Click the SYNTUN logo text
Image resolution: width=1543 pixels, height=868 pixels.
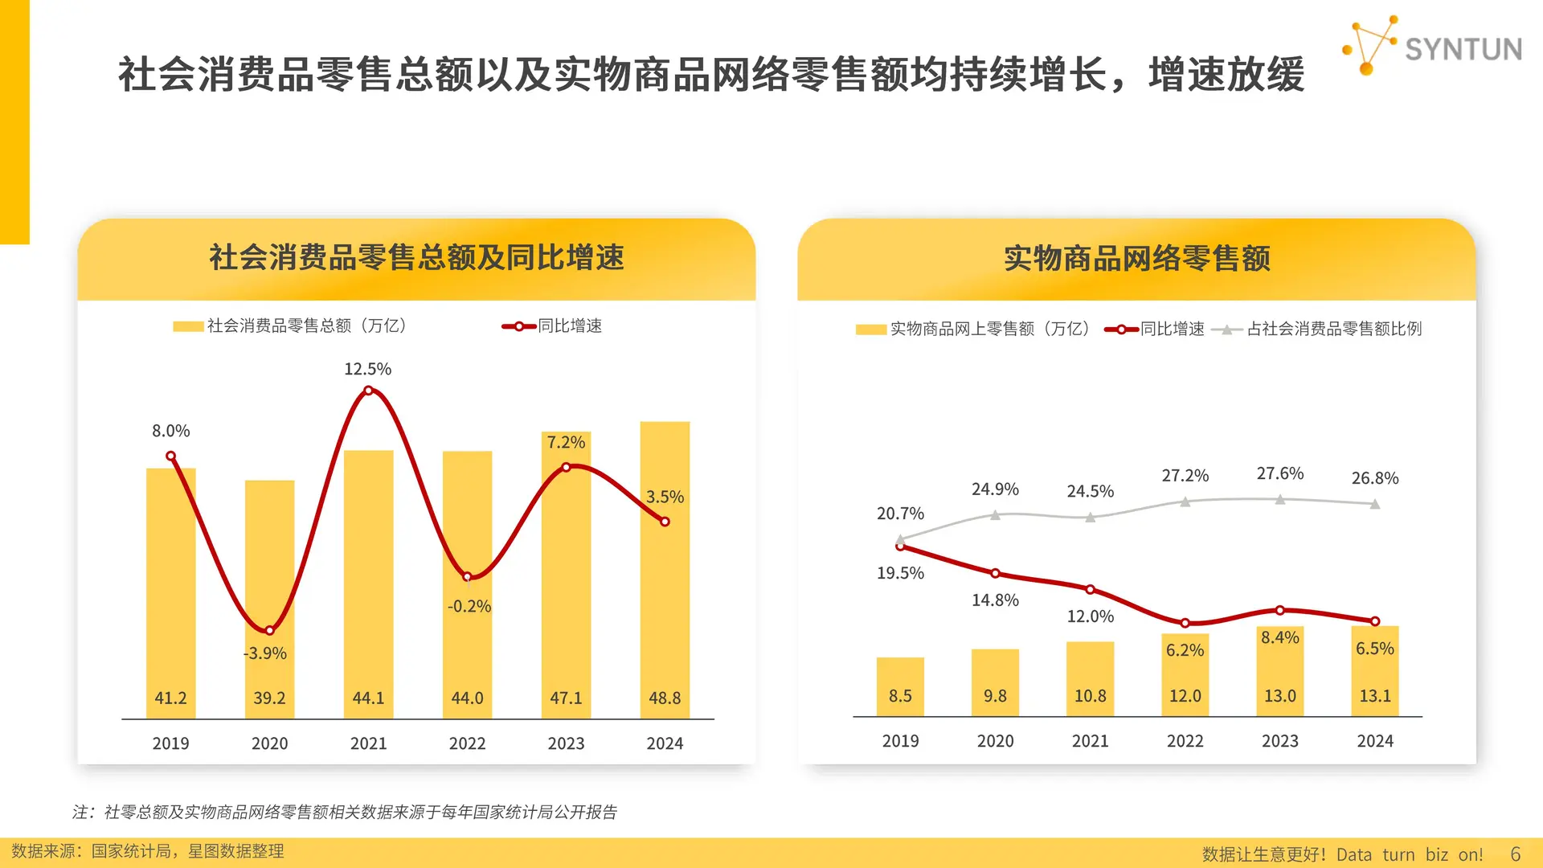pyautogui.click(x=1463, y=49)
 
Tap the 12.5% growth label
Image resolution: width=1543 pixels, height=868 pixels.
pyautogui.click(x=367, y=369)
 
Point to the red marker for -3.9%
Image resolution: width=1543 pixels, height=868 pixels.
pyautogui.click(x=269, y=630)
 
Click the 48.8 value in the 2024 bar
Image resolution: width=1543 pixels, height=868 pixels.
pyautogui.click(x=665, y=698)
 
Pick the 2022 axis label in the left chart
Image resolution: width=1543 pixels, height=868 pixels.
pyautogui.click(x=467, y=743)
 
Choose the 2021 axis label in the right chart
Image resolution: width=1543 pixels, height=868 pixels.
pyautogui.click(x=1090, y=741)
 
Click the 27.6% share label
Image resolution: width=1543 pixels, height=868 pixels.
pyautogui.click(x=1279, y=473)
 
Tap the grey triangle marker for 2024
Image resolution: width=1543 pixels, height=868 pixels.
pyautogui.click(x=1375, y=504)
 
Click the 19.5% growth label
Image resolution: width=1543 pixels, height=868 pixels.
pyautogui.click(x=900, y=573)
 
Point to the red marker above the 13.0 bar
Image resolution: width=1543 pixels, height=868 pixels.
pyautogui.click(x=1280, y=610)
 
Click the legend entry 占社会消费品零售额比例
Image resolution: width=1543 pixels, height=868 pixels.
pyautogui.click(x=1333, y=329)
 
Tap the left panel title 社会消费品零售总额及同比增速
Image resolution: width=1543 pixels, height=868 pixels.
pyautogui.click(x=416, y=258)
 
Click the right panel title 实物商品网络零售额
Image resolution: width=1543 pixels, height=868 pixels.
pyautogui.click(x=1136, y=259)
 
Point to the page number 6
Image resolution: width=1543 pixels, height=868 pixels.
pyautogui.click(x=1516, y=854)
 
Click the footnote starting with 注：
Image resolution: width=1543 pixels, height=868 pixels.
pyautogui.click(x=345, y=812)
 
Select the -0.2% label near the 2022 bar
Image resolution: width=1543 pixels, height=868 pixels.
pyautogui.click(x=469, y=606)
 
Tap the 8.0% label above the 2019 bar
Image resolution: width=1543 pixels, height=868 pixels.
pyautogui.click(x=171, y=431)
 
